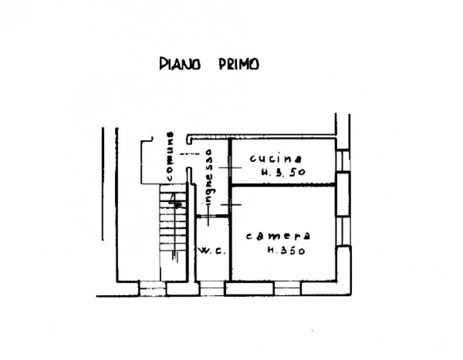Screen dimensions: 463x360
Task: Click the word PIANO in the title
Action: (180, 64)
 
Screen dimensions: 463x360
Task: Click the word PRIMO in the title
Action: (239, 64)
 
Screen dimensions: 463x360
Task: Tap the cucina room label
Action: (275, 159)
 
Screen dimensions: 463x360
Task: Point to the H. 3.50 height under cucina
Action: (283, 172)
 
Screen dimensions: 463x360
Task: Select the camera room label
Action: (278, 236)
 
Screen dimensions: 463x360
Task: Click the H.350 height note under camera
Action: (286, 251)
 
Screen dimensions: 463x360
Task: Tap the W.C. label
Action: (211, 251)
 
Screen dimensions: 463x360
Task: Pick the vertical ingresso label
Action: (209, 177)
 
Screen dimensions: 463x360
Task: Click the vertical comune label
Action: (171, 156)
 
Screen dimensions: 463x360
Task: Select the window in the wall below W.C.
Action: (211, 288)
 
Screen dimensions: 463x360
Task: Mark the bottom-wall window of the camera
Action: (287, 288)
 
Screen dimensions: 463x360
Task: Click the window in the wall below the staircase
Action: (152, 288)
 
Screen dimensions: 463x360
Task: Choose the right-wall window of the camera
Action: (343, 230)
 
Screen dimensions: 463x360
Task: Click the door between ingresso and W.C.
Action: (213, 217)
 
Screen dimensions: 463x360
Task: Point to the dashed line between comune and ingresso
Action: (190, 153)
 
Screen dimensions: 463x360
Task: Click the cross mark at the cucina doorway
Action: (230, 167)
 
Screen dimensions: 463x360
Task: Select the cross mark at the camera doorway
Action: (231, 204)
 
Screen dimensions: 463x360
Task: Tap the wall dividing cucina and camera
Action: (283, 185)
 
